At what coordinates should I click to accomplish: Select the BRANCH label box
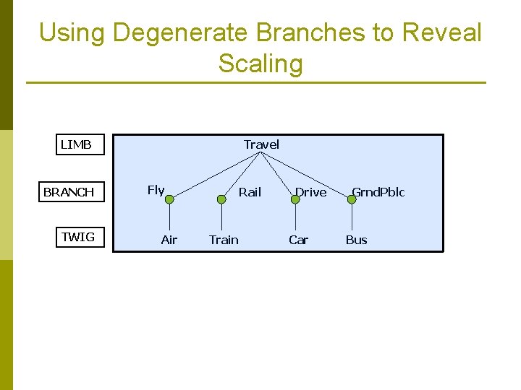click(x=70, y=192)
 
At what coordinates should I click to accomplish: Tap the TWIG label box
click(x=78, y=237)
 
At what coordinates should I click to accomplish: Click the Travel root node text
click(x=261, y=144)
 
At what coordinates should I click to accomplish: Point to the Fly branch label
click(x=156, y=190)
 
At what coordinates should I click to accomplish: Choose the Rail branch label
click(x=250, y=192)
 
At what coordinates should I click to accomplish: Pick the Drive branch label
click(x=310, y=192)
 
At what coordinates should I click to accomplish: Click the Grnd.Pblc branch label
click(x=378, y=192)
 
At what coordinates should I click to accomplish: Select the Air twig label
click(x=169, y=240)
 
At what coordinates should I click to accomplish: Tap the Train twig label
click(x=224, y=240)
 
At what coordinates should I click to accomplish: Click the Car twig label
click(x=298, y=240)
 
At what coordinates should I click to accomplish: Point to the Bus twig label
click(x=356, y=240)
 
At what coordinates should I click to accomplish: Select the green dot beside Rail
click(x=221, y=199)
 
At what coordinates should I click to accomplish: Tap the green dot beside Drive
click(x=295, y=199)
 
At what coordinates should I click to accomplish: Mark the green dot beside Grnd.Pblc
click(x=352, y=199)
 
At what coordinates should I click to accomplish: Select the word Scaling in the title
click(x=260, y=64)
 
